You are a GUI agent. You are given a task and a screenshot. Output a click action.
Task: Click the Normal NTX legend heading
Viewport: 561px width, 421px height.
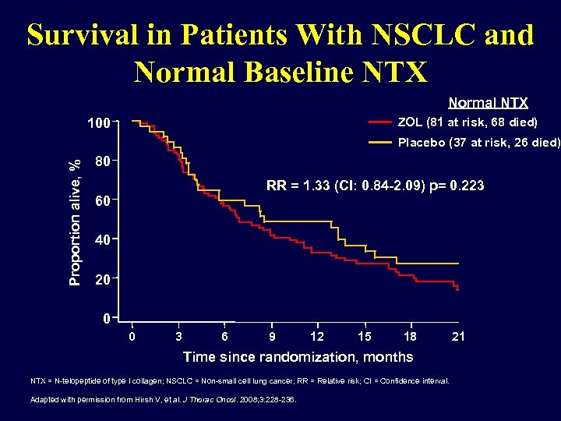[488, 103]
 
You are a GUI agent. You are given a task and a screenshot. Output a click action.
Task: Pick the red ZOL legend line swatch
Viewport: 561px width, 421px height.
[380, 123]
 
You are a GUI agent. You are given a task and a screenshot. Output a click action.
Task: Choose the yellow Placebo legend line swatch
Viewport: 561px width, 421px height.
[380, 143]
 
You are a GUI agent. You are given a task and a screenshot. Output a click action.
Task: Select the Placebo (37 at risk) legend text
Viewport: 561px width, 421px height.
[478, 143]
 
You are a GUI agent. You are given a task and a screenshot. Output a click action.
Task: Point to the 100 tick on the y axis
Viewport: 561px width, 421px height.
[97, 123]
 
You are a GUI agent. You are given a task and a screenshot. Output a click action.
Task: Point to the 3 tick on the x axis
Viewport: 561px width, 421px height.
[178, 337]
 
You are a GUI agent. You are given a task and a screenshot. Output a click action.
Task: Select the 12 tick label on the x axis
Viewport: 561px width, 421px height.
[317, 337]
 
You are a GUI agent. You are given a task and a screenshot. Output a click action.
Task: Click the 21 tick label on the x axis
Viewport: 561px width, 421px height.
[459, 337]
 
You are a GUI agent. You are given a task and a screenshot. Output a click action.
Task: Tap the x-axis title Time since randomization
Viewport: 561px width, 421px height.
[298, 357]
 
